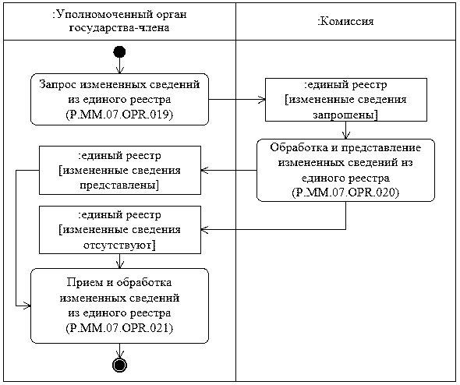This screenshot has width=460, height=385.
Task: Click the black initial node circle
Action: (x=119, y=51)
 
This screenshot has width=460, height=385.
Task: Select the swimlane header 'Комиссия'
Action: (x=347, y=21)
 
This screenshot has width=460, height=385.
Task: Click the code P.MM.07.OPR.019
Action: (x=119, y=115)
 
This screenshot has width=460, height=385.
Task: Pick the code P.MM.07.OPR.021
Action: (x=119, y=330)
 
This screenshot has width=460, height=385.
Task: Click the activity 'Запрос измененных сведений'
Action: (x=119, y=84)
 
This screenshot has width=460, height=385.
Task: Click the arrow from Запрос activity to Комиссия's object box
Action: (x=237, y=100)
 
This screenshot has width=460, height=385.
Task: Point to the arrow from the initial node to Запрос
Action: (x=119, y=65)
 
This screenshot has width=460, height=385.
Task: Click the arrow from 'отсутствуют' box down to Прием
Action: (x=119, y=261)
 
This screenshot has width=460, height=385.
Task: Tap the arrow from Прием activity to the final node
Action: (x=119, y=350)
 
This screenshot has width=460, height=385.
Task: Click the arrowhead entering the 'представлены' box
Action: (x=205, y=170)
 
